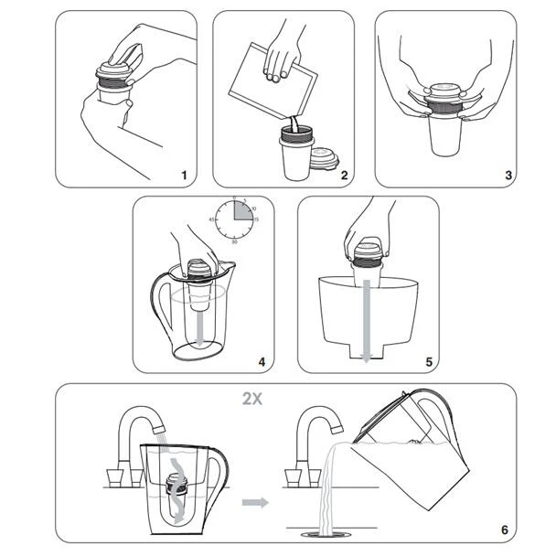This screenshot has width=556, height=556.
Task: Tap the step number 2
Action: [x=343, y=174]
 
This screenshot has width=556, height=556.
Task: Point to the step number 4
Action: [x=262, y=362]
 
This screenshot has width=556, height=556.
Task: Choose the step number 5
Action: [x=428, y=362]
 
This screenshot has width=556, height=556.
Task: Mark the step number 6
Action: [x=504, y=529]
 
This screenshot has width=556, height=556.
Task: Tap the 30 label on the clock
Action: [x=236, y=241]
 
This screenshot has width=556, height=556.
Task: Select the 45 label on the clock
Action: [x=212, y=219]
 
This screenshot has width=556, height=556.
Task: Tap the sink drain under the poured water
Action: [x=326, y=529]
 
